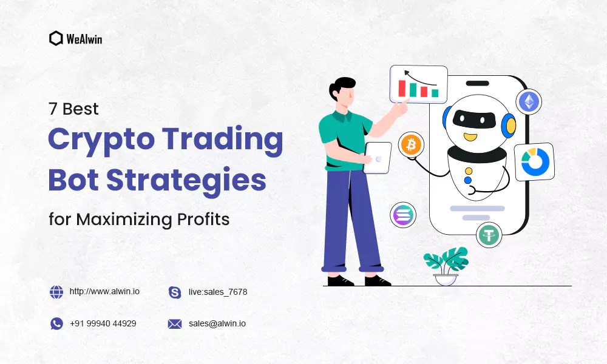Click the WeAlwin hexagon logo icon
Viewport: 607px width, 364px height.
point(56,38)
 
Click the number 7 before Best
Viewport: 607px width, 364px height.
point(53,109)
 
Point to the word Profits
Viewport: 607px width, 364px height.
point(202,218)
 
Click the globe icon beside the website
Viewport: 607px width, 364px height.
point(56,292)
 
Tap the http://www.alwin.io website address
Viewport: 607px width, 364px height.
point(104,292)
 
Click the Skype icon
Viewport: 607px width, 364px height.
point(175,292)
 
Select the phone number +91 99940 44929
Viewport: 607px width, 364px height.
point(103,323)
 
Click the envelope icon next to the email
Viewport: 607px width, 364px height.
point(175,324)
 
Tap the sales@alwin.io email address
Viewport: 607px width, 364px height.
point(217,323)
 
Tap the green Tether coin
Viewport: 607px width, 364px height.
point(489,235)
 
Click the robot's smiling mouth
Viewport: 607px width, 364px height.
point(470,136)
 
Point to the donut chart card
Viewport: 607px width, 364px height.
point(535,162)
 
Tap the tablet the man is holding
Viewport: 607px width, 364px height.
point(377,158)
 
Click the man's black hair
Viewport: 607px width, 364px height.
point(342,87)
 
